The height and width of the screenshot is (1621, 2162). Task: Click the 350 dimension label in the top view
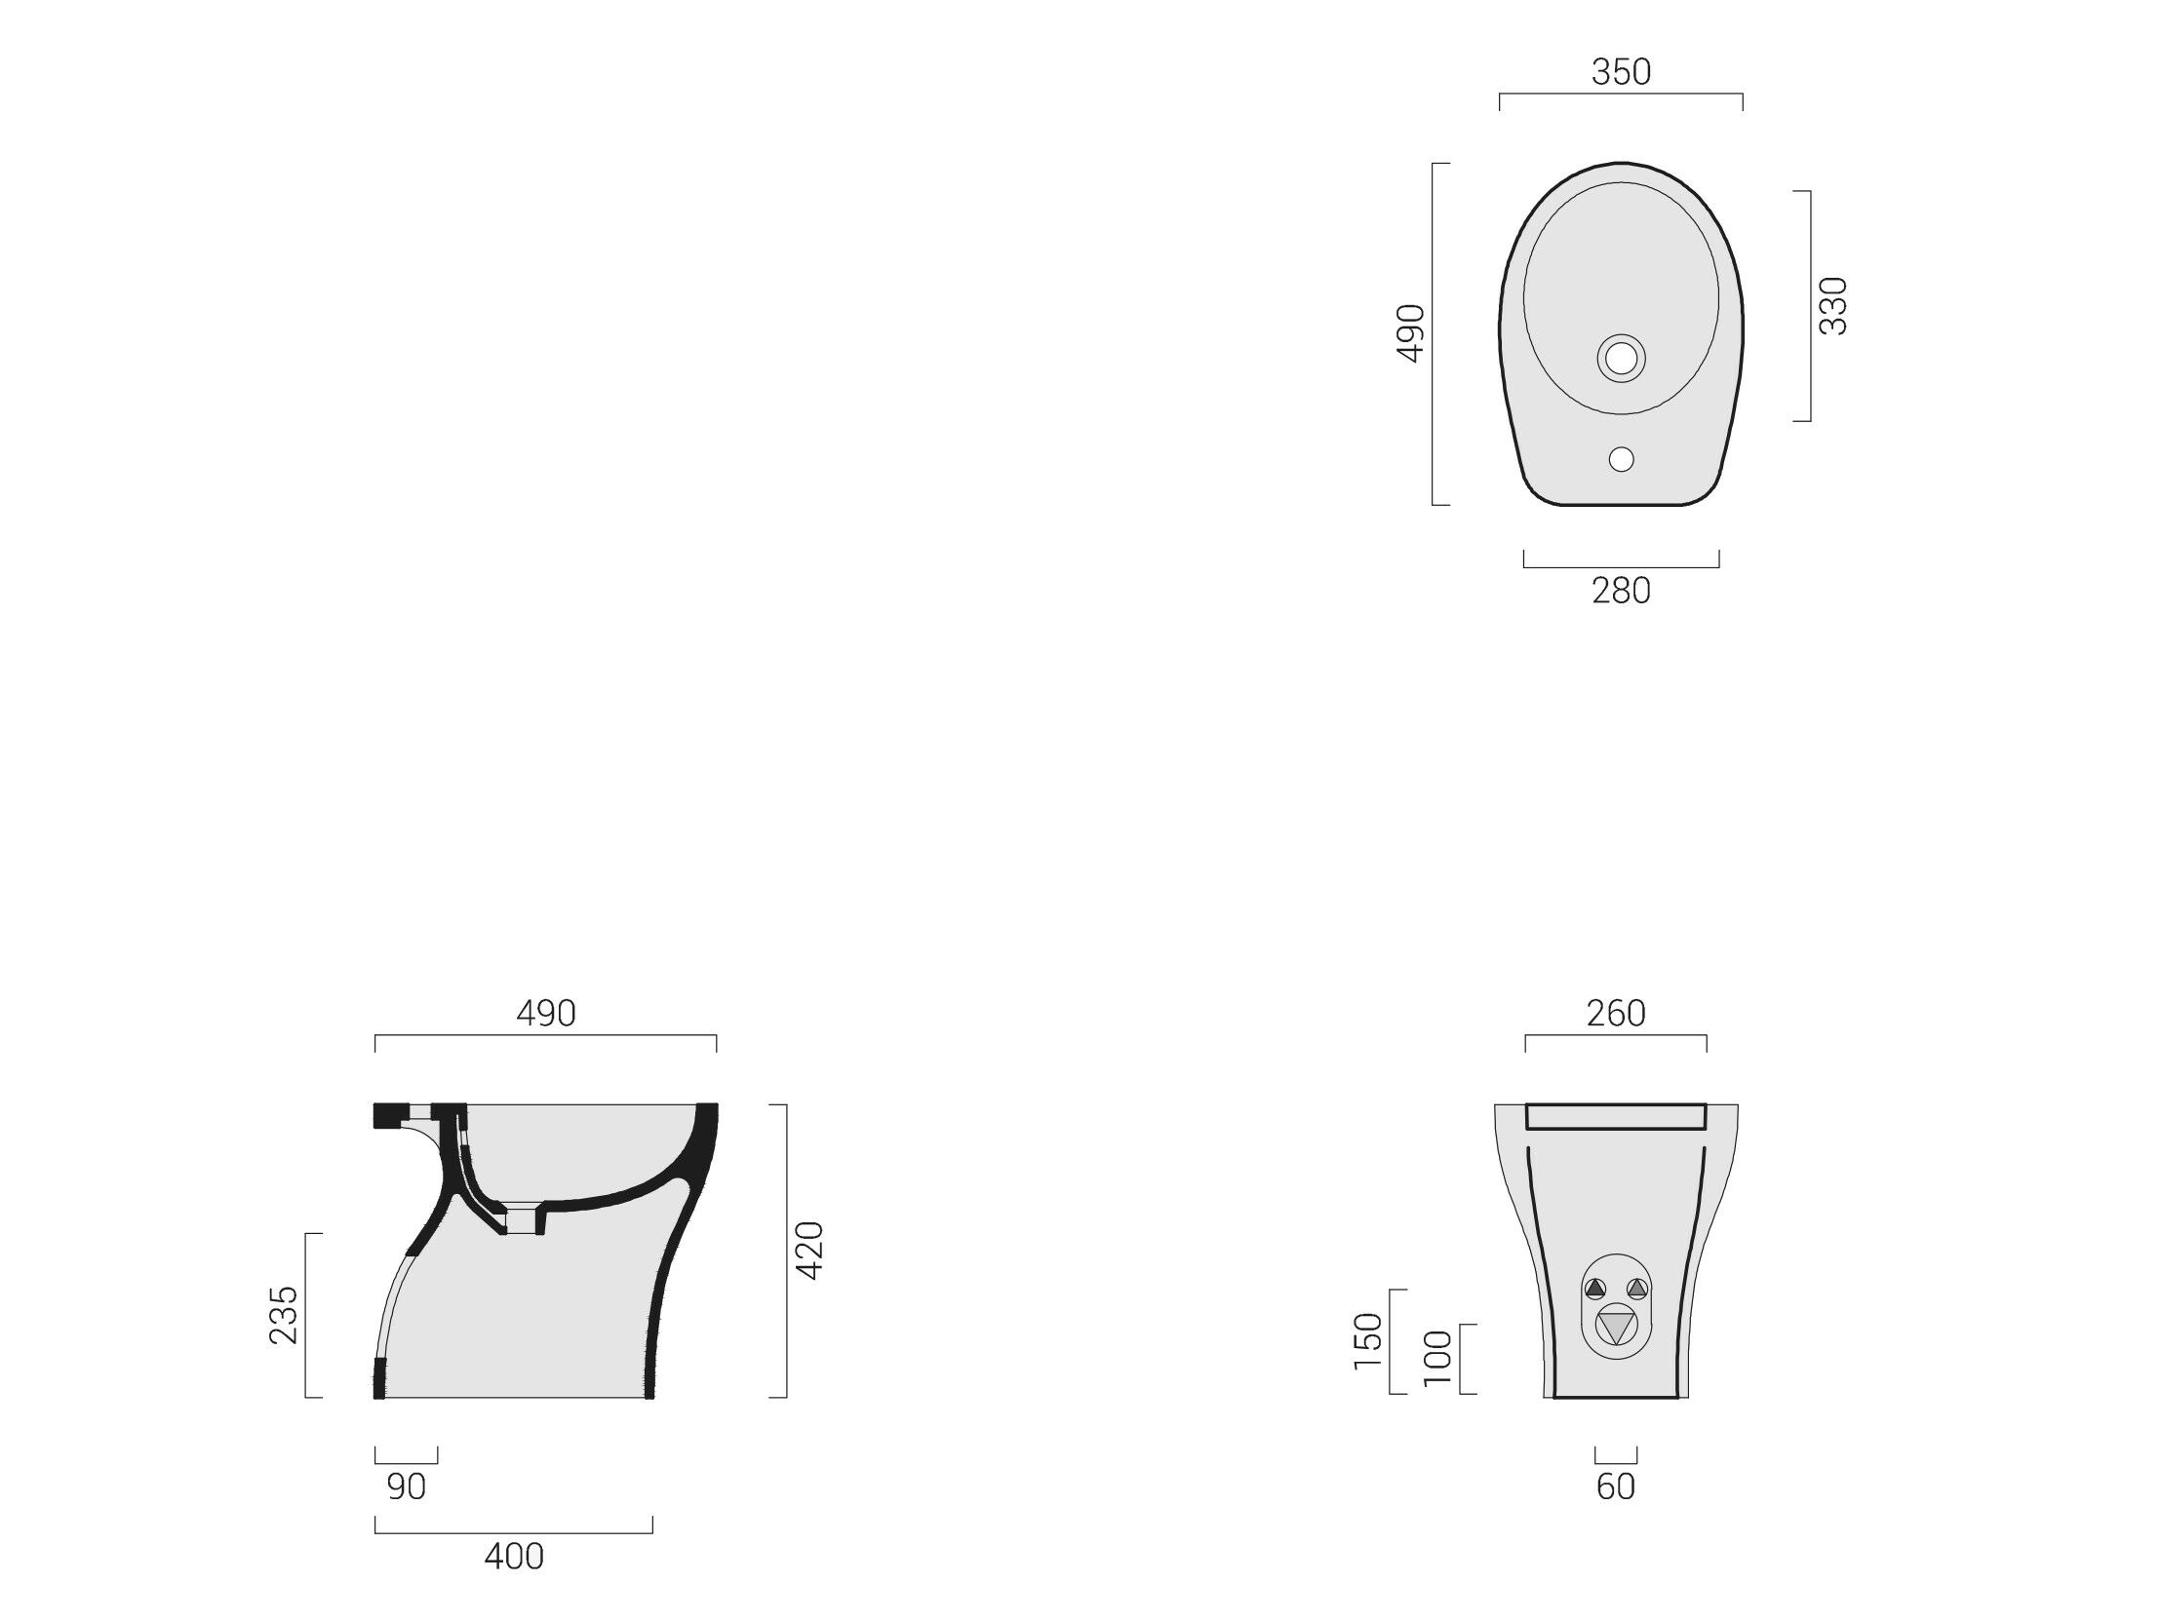coord(1621,72)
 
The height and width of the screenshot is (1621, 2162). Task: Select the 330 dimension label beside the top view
coord(1833,306)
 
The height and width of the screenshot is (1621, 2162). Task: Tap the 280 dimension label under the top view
coord(1621,591)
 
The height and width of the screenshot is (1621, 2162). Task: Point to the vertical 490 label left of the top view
coord(1410,333)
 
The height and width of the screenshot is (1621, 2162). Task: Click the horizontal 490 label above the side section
coord(545,1014)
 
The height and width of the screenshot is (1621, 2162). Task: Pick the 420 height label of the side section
coord(810,1250)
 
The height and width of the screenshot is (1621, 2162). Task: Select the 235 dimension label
coord(284,1315)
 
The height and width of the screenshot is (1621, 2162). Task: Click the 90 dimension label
coord(407,1487)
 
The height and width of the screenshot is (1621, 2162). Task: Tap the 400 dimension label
coord(514,1557)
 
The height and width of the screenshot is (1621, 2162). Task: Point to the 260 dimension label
coord(1616,1014)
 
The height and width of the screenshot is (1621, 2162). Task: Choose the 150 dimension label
coord(1368,1341)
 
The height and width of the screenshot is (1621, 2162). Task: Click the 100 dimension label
coord(1437,1358)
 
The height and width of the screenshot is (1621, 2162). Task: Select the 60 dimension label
coord(1616,1487)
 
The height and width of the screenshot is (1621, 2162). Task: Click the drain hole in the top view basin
coord(1622,359)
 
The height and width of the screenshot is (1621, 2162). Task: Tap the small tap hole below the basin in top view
coord(1622,459)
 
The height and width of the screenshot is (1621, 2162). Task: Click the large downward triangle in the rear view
coord(1616,1328)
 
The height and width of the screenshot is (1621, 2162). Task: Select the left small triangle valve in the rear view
coord(1595,1289)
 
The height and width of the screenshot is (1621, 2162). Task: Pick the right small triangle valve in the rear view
coord(1637,1289)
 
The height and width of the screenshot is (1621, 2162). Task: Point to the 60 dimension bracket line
coord(1616,1463)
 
